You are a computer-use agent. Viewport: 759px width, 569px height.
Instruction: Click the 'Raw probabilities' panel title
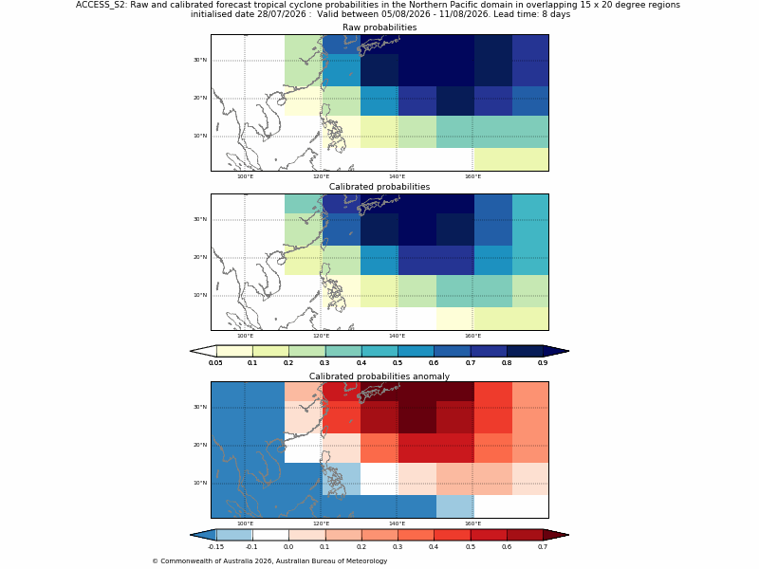[379, 28]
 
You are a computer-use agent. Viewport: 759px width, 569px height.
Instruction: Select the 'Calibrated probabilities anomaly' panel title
[379, 376]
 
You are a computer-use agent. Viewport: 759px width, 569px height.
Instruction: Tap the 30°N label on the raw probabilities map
[200, 60]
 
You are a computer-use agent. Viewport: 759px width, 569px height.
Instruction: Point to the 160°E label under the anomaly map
[472, 523]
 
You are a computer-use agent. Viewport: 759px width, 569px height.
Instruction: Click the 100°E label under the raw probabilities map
[245, 176]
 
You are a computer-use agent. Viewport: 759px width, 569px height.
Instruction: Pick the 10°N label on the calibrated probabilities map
[200, 295]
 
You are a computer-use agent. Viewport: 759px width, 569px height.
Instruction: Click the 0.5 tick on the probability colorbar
[398, 363]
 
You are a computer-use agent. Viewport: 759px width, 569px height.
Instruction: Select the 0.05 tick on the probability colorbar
[215, 363]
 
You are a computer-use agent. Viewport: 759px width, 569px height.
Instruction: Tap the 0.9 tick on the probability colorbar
[543, 363]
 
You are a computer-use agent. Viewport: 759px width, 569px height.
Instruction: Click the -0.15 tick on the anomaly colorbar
[215, 547]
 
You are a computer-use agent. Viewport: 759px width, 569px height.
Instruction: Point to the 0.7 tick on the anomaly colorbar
[543, 547]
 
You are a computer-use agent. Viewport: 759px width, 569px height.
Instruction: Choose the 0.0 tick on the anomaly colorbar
[288, 547]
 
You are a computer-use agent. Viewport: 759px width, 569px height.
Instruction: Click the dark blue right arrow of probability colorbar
[556, 351]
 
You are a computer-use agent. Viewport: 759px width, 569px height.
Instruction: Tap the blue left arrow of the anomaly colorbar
[203, 535]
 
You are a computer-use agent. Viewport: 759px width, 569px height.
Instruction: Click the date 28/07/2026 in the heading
[282, 14]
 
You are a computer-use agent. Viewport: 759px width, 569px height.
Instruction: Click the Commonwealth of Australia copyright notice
[269, 561]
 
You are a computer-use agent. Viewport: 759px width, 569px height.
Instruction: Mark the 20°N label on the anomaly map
[200, 445]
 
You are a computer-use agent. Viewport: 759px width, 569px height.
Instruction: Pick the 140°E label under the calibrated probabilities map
[397, 336]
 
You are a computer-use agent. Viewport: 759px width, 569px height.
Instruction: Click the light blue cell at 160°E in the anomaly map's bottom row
[455, 506]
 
